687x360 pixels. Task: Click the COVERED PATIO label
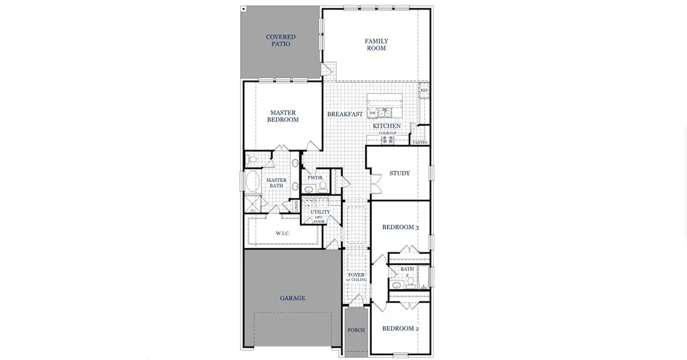[x=281, y=41]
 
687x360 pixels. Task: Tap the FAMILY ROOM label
[x=376, y=45]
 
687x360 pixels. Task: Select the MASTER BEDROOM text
[x=283, y=116]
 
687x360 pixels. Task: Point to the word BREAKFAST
[x=345, y=114]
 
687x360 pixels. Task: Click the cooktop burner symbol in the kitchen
[x=387, y=140]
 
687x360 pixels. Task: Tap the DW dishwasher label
[x=373, y=113]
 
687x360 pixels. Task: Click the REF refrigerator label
[x=424, y=91]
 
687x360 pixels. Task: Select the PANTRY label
[x=420, y=143]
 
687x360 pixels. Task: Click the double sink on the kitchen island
[x=384, y=112]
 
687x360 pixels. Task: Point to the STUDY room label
[x=400, y=173]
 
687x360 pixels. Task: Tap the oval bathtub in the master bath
[x=252, y=181]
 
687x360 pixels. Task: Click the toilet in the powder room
[x=323, y=187]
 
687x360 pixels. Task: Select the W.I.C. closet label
[x=283, y=233]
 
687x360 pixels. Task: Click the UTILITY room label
[x=320, y=212]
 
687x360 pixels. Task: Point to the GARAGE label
[x=293, y=298]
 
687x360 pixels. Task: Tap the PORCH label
[x=356, y=331]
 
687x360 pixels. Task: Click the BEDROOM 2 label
[x=400, y=329]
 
